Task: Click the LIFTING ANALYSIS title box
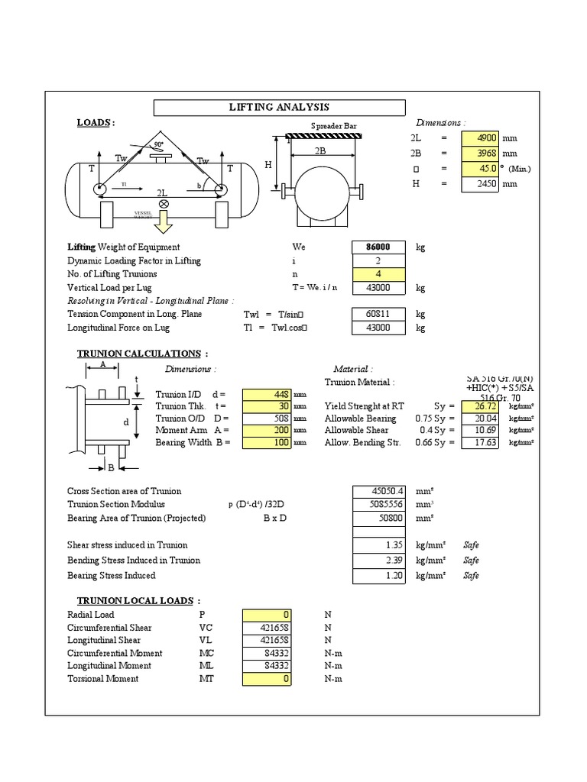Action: point(279,108)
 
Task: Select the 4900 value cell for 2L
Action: point(479,138)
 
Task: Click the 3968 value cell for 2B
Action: point(479,153)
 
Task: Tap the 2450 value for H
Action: point(479,184)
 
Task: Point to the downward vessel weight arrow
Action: point(163,222)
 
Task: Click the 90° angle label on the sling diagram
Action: point(158,144)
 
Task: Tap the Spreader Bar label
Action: point(333,126)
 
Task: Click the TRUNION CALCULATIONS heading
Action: point(140,354)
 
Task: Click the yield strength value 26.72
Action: point(479,406)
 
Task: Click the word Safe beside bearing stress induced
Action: point(472,576)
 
